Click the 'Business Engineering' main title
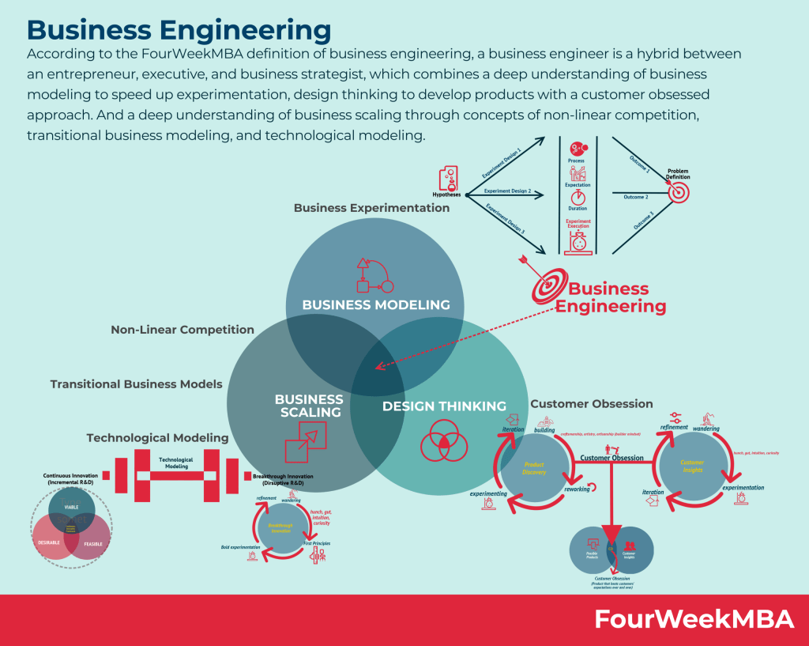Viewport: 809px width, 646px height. click(x=179, y=29)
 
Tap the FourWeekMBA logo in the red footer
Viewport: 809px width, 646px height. click(x=694, y=619)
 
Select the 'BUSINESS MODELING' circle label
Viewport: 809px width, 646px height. click(x=376, y=304)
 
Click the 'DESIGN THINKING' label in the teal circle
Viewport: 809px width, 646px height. click(x=444, y=406)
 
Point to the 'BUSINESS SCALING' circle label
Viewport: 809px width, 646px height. click(x=309, y=406)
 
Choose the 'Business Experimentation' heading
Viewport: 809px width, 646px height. click(x=371, y=208)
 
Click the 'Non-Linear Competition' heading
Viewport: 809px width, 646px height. click(x=182, y=330)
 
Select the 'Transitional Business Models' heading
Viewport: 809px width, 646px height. click(x=136, y=384)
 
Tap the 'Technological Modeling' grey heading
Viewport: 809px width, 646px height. click(x=157, y=437)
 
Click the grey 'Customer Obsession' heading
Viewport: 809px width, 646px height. click(x=592, y=404)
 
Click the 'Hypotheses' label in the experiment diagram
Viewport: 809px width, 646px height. click(x=448, y=194)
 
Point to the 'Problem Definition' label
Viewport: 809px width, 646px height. click(x=679, y=174)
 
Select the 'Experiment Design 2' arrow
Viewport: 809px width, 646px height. click(x=507, y=191)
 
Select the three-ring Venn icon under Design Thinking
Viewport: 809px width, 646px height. click(x=444, y=441)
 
